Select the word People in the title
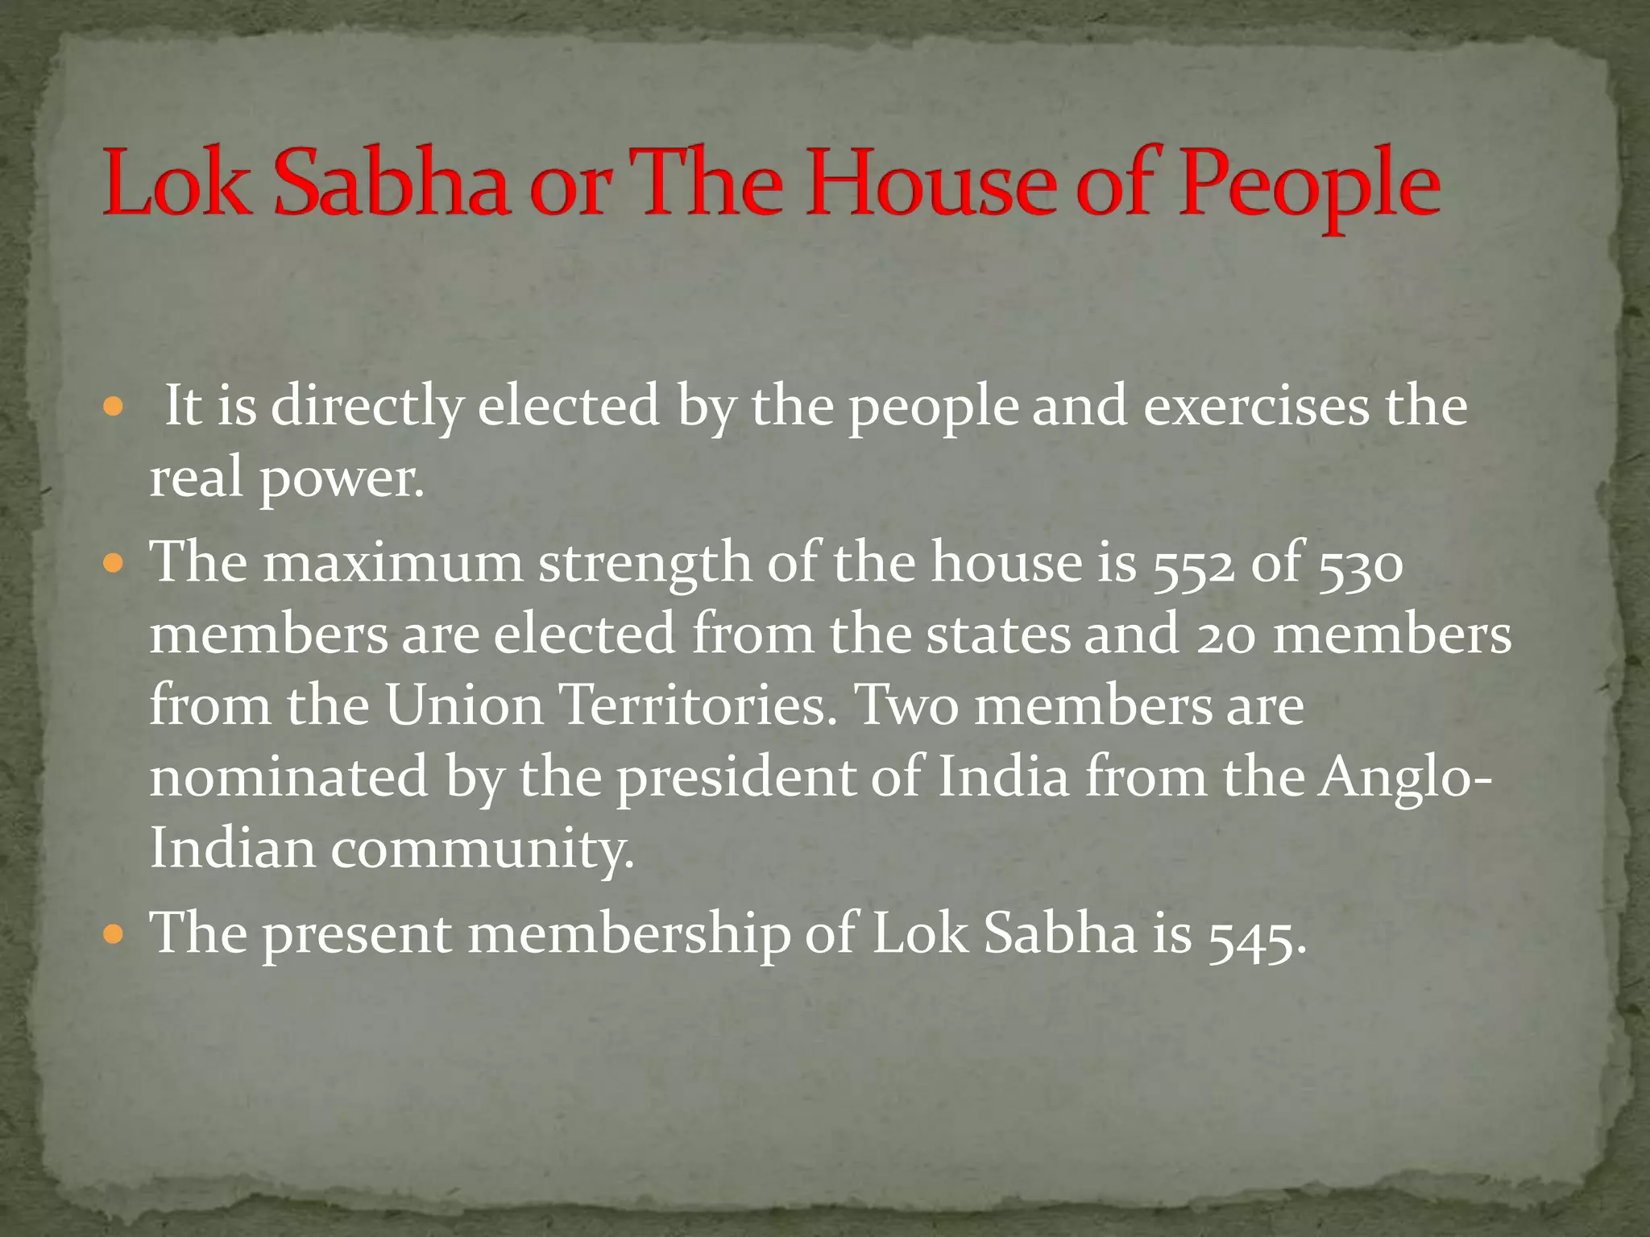[x=1309, y=187]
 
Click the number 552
[x=1193, y=564]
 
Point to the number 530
[x=1361, y=564]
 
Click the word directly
[x=367, y=408]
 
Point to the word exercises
[x=1256, y=406]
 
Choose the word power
[x=342, y=480]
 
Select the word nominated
[x=288, y=776]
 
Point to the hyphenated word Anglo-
[x=1405, y=778]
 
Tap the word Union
[x=464, y=705]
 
